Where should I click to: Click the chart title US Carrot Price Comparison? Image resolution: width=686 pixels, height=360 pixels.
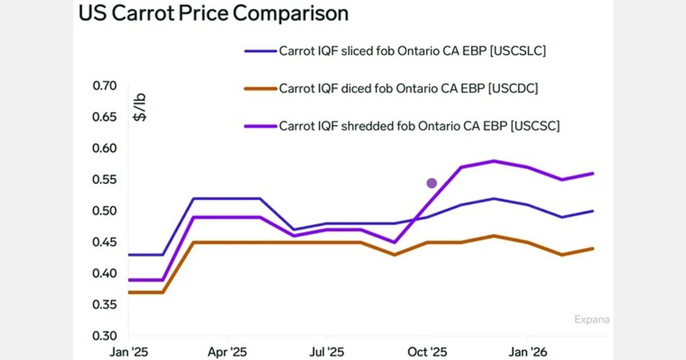(x=213, y=14)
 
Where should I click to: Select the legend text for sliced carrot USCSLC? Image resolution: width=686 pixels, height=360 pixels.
(x=412, y=50)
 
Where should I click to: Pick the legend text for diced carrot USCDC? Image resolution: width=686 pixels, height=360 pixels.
(x=408, y=89)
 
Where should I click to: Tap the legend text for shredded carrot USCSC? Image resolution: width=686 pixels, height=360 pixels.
(x=419, y=126)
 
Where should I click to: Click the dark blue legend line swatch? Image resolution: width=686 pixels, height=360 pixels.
(x=260, y=51)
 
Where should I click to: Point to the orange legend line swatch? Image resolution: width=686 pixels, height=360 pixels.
(x=260, y=89)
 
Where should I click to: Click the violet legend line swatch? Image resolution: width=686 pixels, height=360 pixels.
(x=260, y=126)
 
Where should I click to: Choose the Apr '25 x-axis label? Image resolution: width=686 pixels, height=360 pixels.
(x=227, y=352)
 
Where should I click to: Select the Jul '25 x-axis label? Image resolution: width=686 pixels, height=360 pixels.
(x=326, y=352)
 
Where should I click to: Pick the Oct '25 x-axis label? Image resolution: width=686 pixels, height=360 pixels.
(x=426, y=352)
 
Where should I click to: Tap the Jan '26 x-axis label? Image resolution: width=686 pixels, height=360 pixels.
(x=527, y=352)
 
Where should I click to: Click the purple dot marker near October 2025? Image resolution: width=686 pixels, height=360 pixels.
(x=432, y=183)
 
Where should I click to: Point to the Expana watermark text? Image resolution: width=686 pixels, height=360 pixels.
(x=592, y=319)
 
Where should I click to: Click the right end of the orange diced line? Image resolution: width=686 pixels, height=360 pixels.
(x=593, y=249)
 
